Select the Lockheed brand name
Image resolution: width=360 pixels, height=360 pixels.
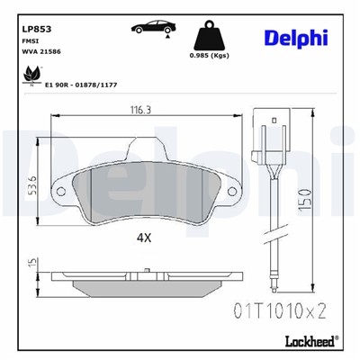coord(305,339)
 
